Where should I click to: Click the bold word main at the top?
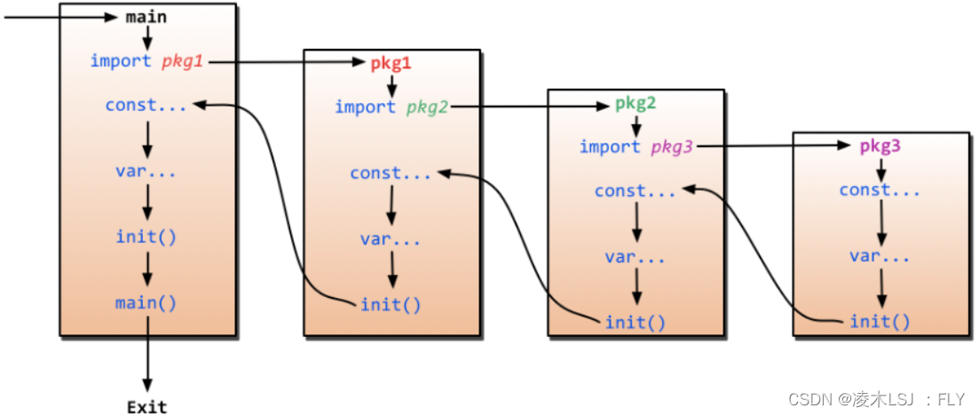pos(146,17)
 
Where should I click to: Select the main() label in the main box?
pos(146,302)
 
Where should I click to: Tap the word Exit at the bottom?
pos(146,407)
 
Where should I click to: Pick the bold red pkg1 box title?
pos(391,64)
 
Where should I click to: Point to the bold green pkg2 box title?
pos(636,104)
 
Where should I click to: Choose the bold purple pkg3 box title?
pos(880,146)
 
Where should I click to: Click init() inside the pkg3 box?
pos(880,321)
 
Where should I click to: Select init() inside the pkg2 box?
pos(635,321)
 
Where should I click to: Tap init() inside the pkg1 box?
pos(391,304)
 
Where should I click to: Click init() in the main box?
pos(146,236)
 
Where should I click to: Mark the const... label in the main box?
pos(146,105)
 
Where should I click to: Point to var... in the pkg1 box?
pos(391,239)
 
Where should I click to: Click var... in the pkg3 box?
pos(880,256)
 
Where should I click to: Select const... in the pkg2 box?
pos(635,191)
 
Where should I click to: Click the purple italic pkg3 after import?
pos(672,147)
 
